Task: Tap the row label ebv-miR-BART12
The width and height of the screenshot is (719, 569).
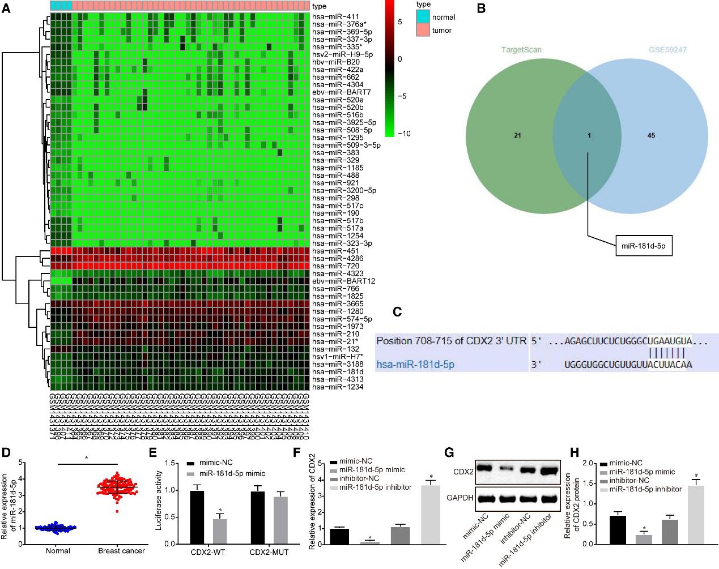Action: point(343,281)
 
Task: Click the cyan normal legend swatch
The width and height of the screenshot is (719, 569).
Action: point(423,17)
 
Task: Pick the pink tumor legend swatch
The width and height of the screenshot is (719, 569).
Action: point(423,30)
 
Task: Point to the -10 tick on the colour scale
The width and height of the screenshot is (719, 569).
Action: point(404,134)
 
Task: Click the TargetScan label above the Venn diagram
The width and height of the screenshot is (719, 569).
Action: point(521,50)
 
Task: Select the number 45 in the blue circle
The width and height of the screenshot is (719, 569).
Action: point(651,135)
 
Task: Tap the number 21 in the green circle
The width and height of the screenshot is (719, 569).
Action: point(517,135)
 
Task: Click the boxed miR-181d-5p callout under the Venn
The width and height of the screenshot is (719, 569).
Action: point(643,246)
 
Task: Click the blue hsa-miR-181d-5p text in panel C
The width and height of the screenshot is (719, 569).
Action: point(415,365)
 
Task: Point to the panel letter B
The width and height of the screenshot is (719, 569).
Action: point(481,8)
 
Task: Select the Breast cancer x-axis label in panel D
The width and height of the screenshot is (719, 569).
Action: point(121,551)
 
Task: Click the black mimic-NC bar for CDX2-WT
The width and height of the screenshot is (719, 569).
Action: point(197,517)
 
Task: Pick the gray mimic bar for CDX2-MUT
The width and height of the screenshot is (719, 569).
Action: point(280,520)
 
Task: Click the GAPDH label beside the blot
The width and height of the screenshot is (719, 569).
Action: point(460,498)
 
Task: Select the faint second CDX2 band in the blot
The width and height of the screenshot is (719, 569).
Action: point(506,469)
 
